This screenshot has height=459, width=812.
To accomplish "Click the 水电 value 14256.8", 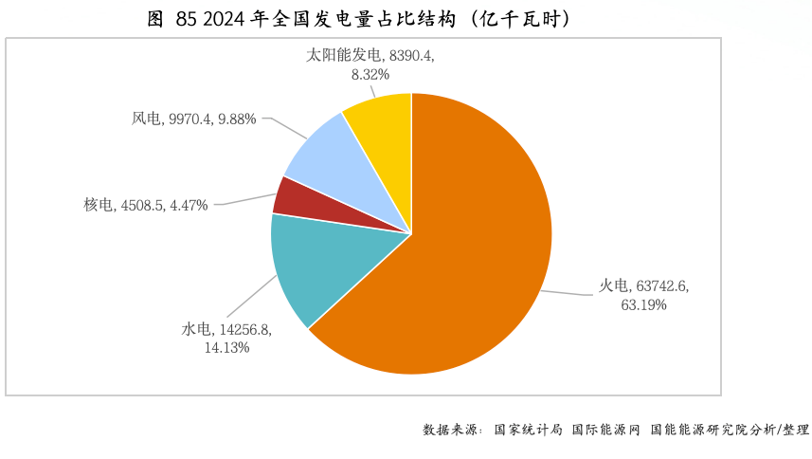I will click(x=244, y=329).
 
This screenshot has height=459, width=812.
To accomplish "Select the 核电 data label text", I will click(x=145, y=205).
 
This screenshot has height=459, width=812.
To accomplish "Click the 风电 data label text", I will click(x=193, y=119).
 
